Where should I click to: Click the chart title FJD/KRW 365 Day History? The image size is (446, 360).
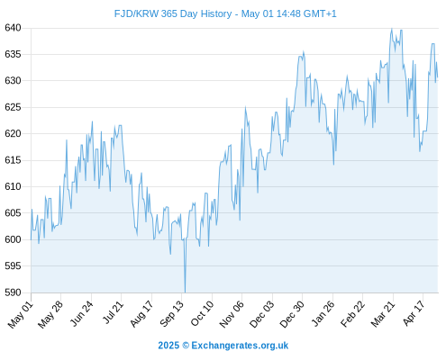point(173,13)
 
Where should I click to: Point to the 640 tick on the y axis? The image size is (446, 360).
point(13,28)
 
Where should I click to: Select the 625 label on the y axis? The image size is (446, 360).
point(13,107)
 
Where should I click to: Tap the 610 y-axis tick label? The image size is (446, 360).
point(13,186)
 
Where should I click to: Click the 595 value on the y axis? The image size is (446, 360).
point(13,265)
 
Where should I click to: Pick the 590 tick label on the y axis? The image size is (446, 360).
point(13,292)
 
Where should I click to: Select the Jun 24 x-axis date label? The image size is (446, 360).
point(81,313)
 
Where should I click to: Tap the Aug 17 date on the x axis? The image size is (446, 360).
point(141,314)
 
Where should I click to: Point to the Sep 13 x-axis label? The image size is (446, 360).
point(171,314)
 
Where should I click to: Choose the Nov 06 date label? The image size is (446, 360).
point(232,314)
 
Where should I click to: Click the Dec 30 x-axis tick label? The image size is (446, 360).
point(292,314)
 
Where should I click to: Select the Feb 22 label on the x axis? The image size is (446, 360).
point(352,314)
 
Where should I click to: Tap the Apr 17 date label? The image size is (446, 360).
point(414,313)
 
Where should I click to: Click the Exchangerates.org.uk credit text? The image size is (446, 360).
point(240,346)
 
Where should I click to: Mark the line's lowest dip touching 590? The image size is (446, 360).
point(185,292)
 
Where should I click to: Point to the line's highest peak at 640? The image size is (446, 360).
point(392,29)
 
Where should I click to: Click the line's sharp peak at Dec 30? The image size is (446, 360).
point(304,52)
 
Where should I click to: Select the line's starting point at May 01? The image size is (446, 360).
point(31,239)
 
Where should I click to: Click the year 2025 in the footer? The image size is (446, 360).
point(168,346)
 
